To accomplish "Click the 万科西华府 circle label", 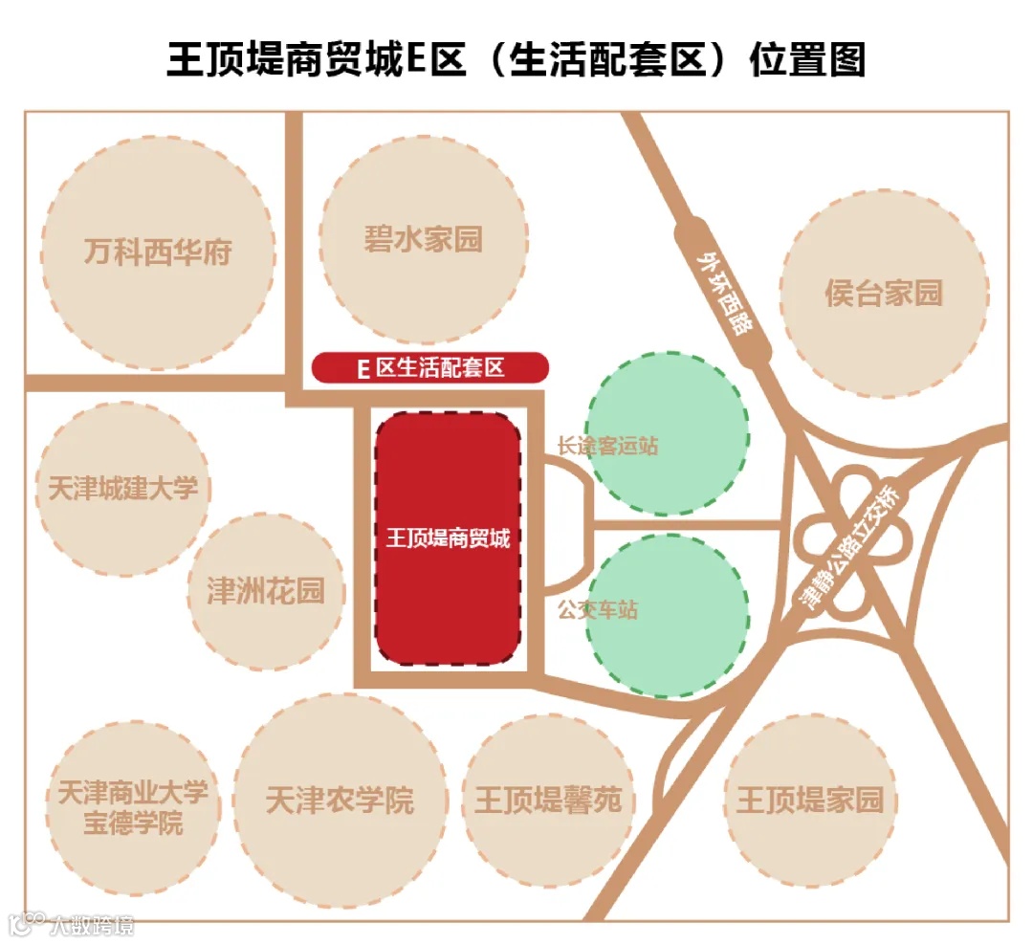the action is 158,253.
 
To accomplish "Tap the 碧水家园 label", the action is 424,239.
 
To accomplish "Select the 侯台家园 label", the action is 884,293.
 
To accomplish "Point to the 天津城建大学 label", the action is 123,489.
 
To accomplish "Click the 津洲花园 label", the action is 266,591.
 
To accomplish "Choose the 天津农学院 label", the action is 341,800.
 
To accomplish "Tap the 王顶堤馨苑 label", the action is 548,800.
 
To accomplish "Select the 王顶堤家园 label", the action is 810,800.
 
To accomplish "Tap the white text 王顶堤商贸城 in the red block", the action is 448,538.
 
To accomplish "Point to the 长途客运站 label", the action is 608,446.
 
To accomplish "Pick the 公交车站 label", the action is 598,609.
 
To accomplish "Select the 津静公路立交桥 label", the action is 849,550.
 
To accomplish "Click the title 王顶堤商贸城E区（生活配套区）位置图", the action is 516,59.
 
